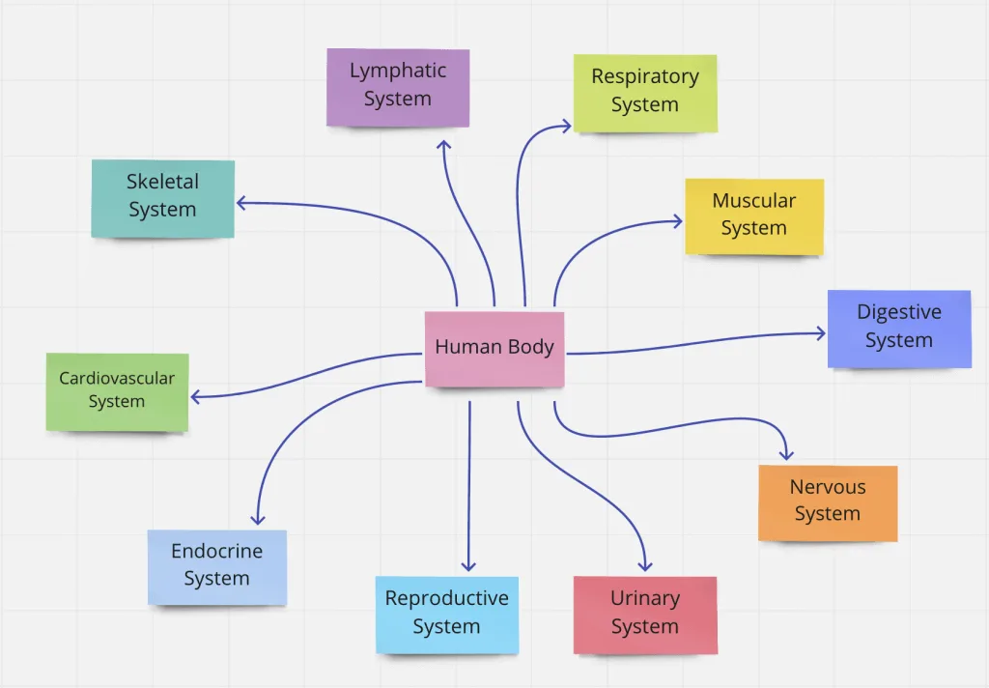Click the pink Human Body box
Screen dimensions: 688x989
[x=494, y=349]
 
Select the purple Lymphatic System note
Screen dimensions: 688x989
[x=398, y=87]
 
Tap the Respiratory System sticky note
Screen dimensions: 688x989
[x=645, y=93]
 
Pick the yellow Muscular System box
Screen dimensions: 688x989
[x=754, y=216]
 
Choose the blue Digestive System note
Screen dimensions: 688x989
[x=899, y=329]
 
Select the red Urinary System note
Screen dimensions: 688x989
[x=645, y=615]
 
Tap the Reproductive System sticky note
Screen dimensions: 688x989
[x=447, y=615]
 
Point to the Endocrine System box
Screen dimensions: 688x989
[x=217, y=567]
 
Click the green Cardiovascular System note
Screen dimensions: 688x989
[x=117, y=391]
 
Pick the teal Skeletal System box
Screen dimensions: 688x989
[x=163, y=198]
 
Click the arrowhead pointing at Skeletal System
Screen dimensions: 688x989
[x=241, y=203]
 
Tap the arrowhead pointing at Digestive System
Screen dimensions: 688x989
[x=820, y=333]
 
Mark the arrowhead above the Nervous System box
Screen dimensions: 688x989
[x=786, y=453]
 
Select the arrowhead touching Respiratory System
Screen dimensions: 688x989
[x=566, y=125]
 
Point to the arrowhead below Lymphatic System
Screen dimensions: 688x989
[x=443, y=145]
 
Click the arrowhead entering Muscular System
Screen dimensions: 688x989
[x=677, y=221]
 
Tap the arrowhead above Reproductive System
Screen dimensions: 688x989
[x=469, y=564]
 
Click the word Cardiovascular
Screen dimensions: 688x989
[x=117, y=379]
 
